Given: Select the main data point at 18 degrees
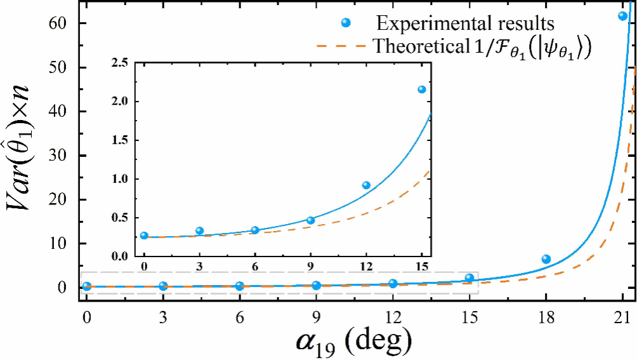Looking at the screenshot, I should pos(546,259).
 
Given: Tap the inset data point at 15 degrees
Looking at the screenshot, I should pos(421,90).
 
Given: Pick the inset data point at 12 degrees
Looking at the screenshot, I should pos(366,185).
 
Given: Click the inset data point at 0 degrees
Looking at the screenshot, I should pos(144,236).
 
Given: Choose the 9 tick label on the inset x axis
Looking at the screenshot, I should pos(310,265).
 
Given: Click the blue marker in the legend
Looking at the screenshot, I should pos(346,23).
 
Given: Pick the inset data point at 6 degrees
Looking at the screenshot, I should pos(255,230).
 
